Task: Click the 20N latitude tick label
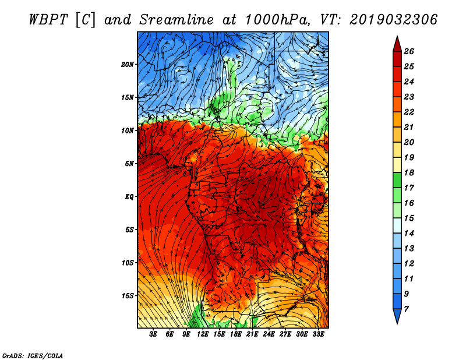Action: click(x=128, y=65)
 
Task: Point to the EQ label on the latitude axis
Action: click(x=129, y=197)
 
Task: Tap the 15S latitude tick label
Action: click(x=128, y=296)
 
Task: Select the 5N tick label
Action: click(x=129, y=164)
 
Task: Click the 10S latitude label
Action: click(x=128, y=263)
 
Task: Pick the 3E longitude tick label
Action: click(x=153, y=334)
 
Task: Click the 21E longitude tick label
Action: click(x=252, y=334)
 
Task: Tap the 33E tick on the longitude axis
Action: click(x=318, y=334)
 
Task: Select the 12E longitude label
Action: click(x=202, y=334)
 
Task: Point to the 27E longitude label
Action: click(x=285, y=334)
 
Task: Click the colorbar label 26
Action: click(x=409, y=51)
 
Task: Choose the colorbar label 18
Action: click(x=409, y=172)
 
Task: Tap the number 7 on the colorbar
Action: click(x=406, y=309)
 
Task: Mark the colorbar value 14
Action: click(x=409, y=234)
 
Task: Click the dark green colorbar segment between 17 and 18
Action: click(x=397, y=180)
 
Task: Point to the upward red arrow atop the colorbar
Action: click(x=397, y=44)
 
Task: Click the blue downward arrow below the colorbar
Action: click(x=397, y=316)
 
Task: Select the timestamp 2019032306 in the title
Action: click(x=393, y=20)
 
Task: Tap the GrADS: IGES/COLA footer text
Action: click(x=33, y=356)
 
